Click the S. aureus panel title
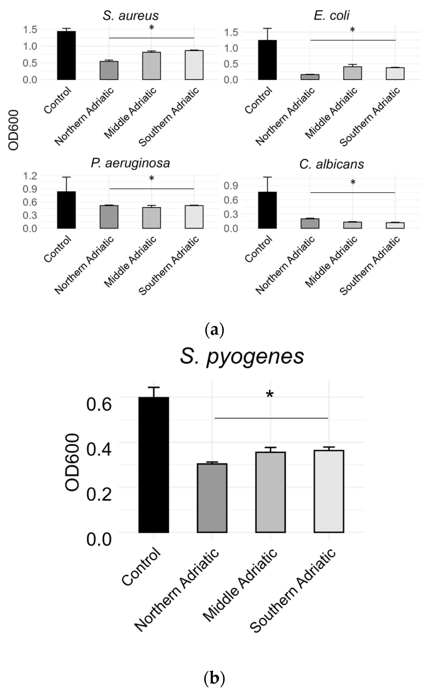[130, 16]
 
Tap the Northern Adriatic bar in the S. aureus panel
[109, 71]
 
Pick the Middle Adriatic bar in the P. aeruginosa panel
[151, 218]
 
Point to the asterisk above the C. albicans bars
[353, 182]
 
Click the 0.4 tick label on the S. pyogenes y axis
[99, 449]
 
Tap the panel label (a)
[215, 330]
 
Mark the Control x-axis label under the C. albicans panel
[258, 249]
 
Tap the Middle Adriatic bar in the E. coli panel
[352, 73]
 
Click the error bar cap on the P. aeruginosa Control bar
[66, 177]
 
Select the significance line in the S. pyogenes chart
[271, 418]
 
